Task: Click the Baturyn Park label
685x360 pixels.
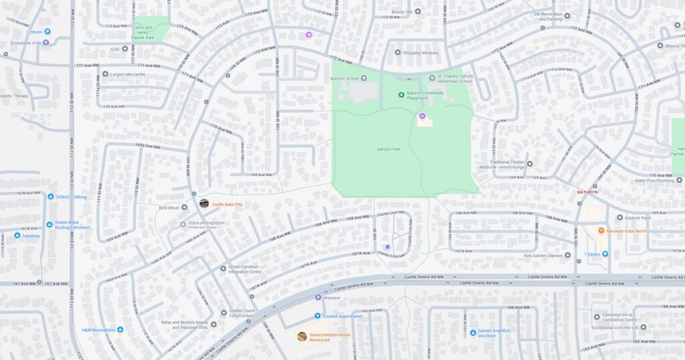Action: click(389, 149)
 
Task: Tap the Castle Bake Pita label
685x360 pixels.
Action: click(226, 204)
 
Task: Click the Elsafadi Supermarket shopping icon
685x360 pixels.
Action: click(317, 316)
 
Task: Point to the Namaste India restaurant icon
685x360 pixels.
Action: click(601, 231)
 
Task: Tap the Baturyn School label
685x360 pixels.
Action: click(346, 78)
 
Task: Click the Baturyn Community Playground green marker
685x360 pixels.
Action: click(401, 95)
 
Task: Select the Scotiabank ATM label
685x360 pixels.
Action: click(25, 43)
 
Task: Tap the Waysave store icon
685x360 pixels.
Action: click(318, 297)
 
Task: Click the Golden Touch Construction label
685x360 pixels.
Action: click(242, 313)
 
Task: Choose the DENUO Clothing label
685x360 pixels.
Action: click(70, 197)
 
